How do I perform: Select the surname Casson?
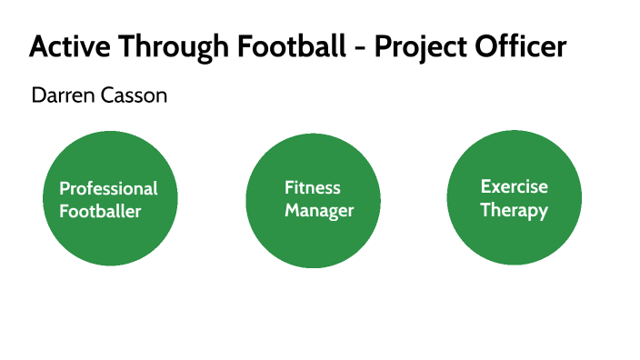pyautogui.click(x=134, y=95)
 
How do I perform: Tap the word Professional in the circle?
pyautogui.click(x=108, y=189)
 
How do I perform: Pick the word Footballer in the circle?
pyautogui.click(x=101, y=212)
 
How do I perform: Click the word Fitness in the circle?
pyautogui.click(x=313, y=188)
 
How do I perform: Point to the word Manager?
pyautogui.click(x=319, y=211)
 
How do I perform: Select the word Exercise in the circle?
pyautogui.click(x=515, y=187)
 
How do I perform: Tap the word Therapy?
pyautogui.click(x=515, y=211)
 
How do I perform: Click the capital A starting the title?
pyautogui.click(x=38, y=46)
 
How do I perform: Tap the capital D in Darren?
pyautogui.click(x=37, y=95)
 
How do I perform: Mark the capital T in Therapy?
pyautogui.click(x=486, y=210)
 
